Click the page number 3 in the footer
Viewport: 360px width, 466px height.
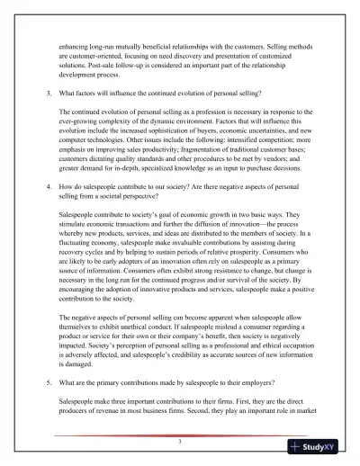click(x=180, y=443)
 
